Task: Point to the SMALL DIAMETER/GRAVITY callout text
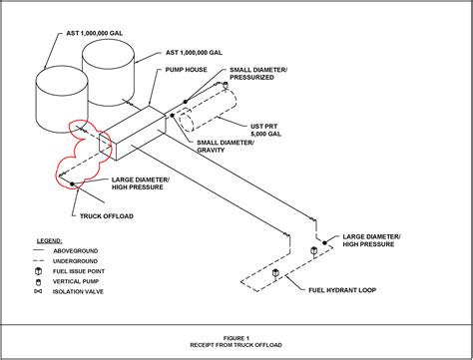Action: click(x=224, y=149)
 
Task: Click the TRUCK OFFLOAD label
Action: click(x=104, y=214)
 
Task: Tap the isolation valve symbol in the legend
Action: click(x=38, y=293)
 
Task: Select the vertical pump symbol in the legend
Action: click(x=38, y=282)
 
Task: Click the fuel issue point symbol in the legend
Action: click(x=38, y=271)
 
